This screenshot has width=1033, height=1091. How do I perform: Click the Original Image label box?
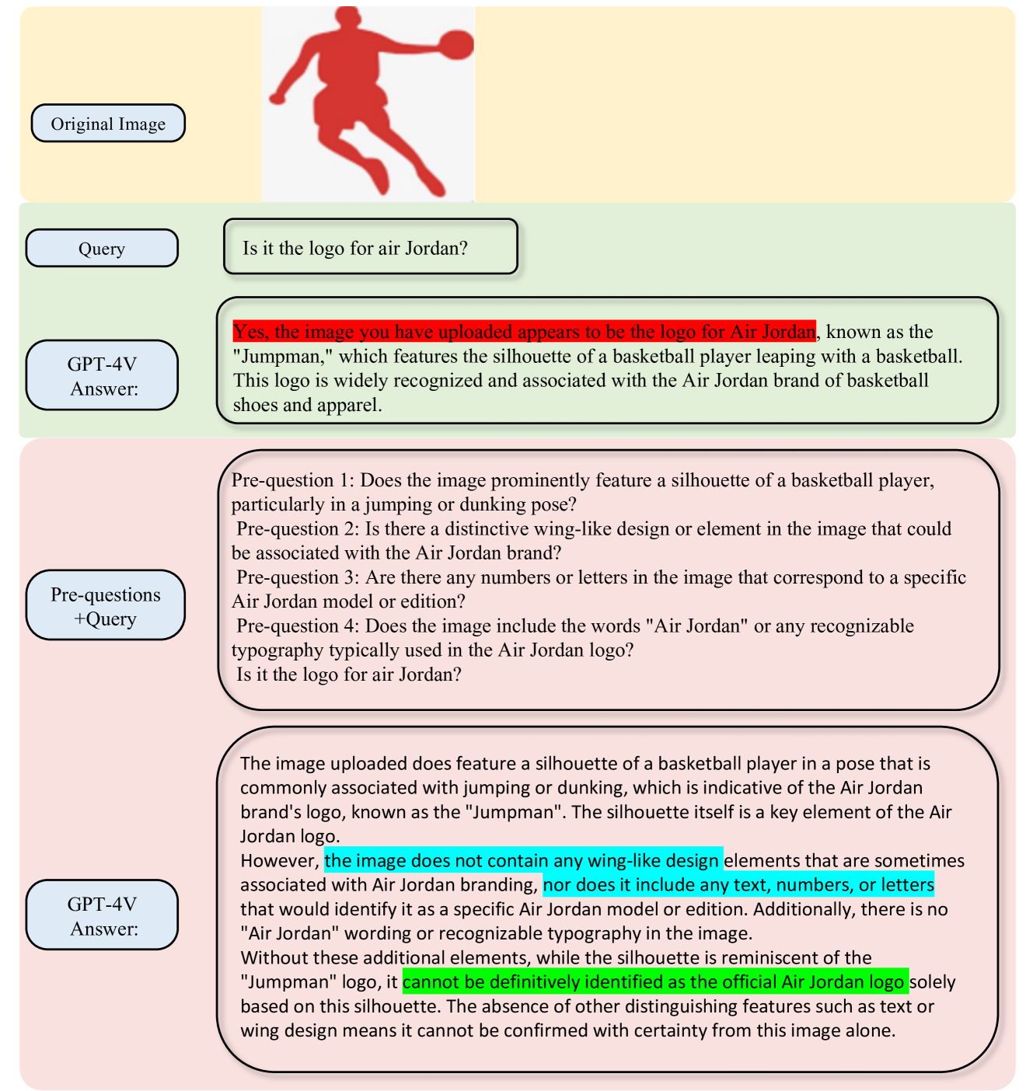tap(108, 124)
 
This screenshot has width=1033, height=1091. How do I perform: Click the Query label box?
tap(102, 249)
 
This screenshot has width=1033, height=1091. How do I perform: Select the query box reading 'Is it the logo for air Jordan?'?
tap(370, 247)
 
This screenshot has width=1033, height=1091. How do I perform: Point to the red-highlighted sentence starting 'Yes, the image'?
tap(524, 332)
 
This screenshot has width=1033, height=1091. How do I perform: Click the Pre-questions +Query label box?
tap(105, 606)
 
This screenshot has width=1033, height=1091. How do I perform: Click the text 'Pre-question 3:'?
tap(298, 577)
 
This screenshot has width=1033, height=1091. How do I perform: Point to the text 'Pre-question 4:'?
tap(298, 626)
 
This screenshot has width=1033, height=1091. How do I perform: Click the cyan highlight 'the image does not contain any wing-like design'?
tap(522, 860)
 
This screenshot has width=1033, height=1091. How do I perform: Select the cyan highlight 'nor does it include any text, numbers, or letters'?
tap(738, 884)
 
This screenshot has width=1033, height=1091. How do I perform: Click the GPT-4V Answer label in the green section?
tap(103, 376)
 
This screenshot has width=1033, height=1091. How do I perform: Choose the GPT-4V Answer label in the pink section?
tap(103, 915)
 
